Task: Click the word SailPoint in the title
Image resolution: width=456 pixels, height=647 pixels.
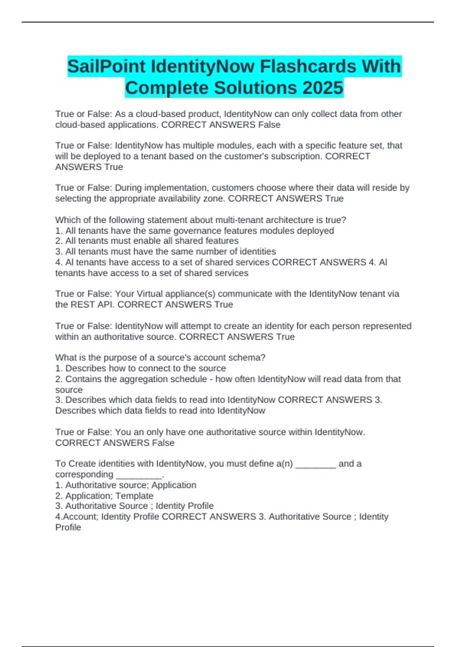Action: pyautogui.click(x=106, y=67)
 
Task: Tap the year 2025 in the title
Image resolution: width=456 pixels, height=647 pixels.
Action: pyautogui.click(x=323, y=88)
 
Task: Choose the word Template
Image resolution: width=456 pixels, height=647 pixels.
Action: pyautogui.click(x=135, y=496)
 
